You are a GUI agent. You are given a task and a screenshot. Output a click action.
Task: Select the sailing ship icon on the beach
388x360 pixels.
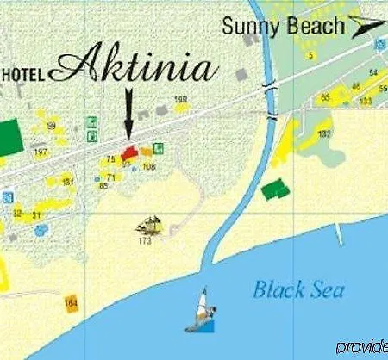click(151, 226)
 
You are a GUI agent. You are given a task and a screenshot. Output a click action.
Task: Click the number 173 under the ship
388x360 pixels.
click(144, 241)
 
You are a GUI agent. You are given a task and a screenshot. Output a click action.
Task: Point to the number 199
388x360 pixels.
click(180, 100)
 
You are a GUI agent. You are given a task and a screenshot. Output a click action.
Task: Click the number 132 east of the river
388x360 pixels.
click(323, 134)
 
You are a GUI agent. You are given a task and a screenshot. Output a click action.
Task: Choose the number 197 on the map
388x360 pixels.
click(41, 152)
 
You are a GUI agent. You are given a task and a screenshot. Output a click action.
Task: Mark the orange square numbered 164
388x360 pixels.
click(71, 303)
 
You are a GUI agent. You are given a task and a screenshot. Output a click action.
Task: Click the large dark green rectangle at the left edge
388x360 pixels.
click(9, 134)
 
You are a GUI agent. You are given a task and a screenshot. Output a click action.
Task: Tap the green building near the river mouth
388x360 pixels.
click(273, 189)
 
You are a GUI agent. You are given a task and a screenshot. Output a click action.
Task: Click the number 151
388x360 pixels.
click(68, 181)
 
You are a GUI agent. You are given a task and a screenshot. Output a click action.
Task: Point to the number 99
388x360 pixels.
click(52, 126)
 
